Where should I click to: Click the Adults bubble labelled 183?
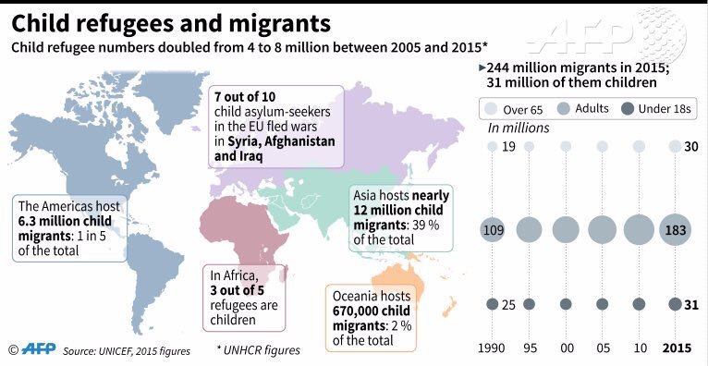point(675,230)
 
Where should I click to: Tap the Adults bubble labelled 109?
point(493,230)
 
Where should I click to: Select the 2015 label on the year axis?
point(677,348)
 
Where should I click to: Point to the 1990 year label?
point(493,348)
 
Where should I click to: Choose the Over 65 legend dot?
point(492,109)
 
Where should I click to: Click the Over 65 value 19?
point(509,147)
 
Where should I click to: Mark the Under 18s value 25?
point(509,305)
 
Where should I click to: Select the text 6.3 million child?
point(65,222)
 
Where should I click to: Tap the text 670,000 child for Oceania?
point(372,311)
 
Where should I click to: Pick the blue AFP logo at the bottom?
point(39,348)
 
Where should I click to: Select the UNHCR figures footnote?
point(258,350)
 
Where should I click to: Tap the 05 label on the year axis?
point(602,348)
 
